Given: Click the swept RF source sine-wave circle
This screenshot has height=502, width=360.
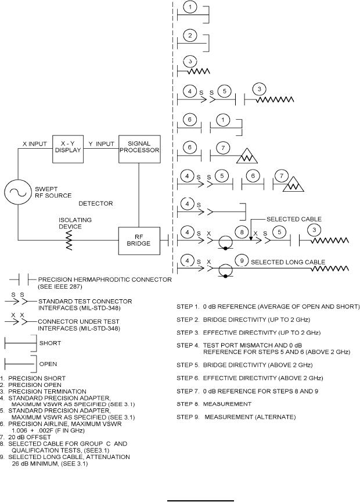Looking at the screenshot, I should [x=17, y=193].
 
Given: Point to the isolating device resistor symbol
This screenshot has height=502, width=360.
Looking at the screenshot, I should [x=69, y=239].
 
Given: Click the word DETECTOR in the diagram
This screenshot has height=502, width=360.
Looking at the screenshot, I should [x=96, y=203].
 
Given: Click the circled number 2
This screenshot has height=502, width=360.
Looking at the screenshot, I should [x=190, y=35].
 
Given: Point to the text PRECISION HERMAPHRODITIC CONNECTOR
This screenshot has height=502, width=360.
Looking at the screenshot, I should [x=105, y=279].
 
